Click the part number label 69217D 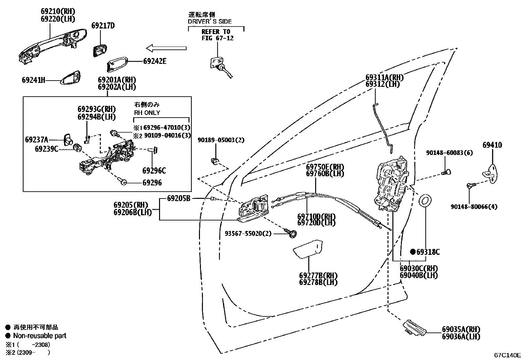click(103, 26)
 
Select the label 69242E click(154, 61)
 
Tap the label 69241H click(33, 80)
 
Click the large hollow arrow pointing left click(166, 48)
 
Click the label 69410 click(492, 145)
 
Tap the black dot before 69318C click(413, 252)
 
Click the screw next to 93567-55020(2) click(293, 233)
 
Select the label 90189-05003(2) click(221, 140)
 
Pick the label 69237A click(36, 140)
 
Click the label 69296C click(154, 171)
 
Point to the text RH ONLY click(147, 113)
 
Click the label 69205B click(178, 198)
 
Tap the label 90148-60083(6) click(449, 153)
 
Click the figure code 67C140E click(507, 355)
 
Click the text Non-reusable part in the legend click(40, 336)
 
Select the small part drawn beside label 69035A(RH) click(415, 327)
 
